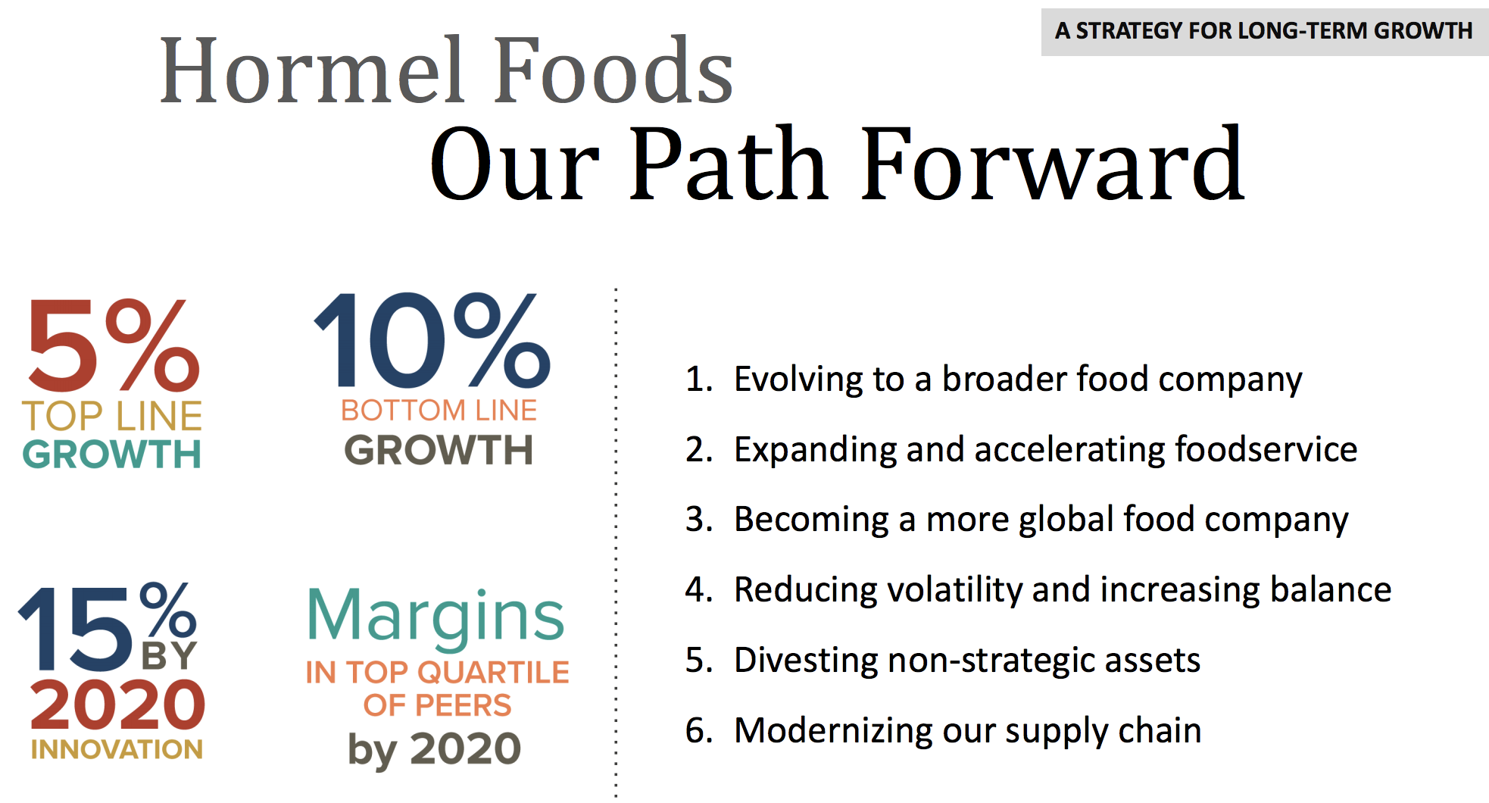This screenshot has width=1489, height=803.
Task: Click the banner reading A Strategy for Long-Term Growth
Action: click(x=1264, y=31)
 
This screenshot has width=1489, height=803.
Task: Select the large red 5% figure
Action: click(x=114, y=344)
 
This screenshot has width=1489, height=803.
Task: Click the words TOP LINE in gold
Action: click(x=113, y=416)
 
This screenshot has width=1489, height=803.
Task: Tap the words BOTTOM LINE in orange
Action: click(x=439, y=411)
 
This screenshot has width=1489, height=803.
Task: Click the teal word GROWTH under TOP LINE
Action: click(x=112, y=455)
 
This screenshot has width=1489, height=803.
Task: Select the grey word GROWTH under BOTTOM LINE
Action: click(x=439, y=450)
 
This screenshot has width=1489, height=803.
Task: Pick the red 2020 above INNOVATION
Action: click(x=117, y=705)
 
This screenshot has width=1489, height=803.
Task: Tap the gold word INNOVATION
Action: click(x=117, y=749)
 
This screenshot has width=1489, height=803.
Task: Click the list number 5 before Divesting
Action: click(x=698, y=661)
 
